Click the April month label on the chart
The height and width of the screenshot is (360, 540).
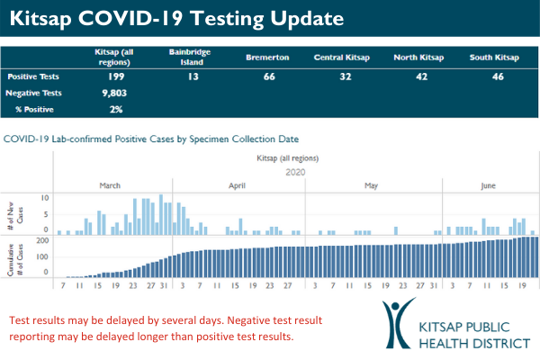coord(238,185)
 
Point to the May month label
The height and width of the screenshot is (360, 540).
coord(371,185)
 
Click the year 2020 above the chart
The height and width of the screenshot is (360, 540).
coord(296,171)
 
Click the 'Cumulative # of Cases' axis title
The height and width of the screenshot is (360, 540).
coord(19,256)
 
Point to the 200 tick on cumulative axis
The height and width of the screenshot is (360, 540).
coord(42,240)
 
